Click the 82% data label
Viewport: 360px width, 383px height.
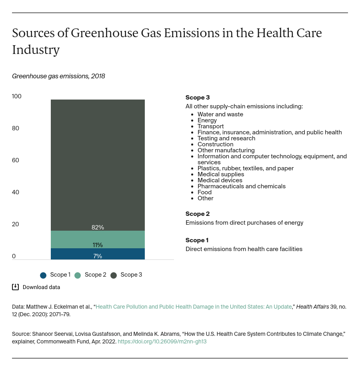[x=98, y=227]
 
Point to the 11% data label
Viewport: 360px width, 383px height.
[x=98, y=245]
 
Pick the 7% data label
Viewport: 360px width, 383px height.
[x=98, y=256]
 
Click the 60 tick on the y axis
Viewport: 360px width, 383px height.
[x=16, y=160]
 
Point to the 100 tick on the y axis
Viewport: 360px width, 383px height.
[x=17, y=96]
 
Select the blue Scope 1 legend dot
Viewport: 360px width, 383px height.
[x=43, y=275]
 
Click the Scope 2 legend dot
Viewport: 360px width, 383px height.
[x=78, y=275]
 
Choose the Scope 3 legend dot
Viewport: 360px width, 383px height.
[x=114, y=275]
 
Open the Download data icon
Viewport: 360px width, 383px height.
[x=16, y=287]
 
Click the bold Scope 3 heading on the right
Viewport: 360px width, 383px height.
[x=198, y=98]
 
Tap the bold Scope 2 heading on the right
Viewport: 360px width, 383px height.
[x=198, y=214]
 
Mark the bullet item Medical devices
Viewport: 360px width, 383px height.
[x=220, y=180]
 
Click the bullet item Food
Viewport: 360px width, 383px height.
[x=204, y=192]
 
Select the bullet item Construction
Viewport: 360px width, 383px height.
[x=215, y=144]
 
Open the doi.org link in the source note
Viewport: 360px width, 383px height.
[x=162, y=342]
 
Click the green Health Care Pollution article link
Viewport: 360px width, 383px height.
[x=194, y=307]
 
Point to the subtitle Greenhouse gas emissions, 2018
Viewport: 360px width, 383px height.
[x=58, y=76]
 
